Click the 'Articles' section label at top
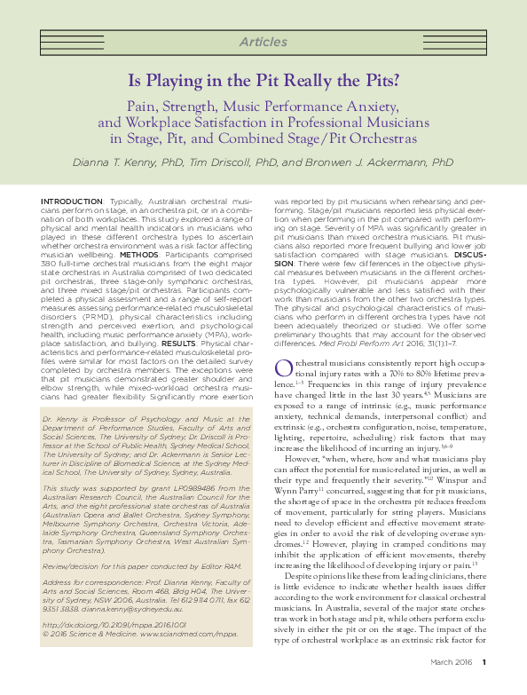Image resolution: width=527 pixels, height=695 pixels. pos(263,42)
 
